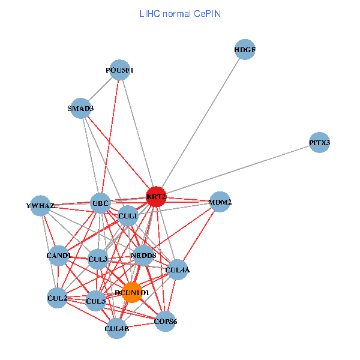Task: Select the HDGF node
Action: [245, 50]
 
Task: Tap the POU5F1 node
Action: [120, 70]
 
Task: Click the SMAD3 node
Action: [80, 109]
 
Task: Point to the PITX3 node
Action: [320, 143]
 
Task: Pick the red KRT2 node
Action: [156, 197]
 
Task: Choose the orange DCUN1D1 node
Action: [132, 292]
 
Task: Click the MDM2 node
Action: [220, 202]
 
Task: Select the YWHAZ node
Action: [40, 206]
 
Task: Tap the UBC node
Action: [100, 203]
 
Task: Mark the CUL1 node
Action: [128, 215]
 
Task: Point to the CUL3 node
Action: [98, 259]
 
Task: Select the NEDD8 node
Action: [143, 256]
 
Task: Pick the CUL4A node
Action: [178, 270]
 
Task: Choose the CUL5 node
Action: [96, 301]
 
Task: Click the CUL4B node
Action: [117, 328]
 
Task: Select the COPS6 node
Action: [166, 322]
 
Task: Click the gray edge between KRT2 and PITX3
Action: [240, 169]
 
